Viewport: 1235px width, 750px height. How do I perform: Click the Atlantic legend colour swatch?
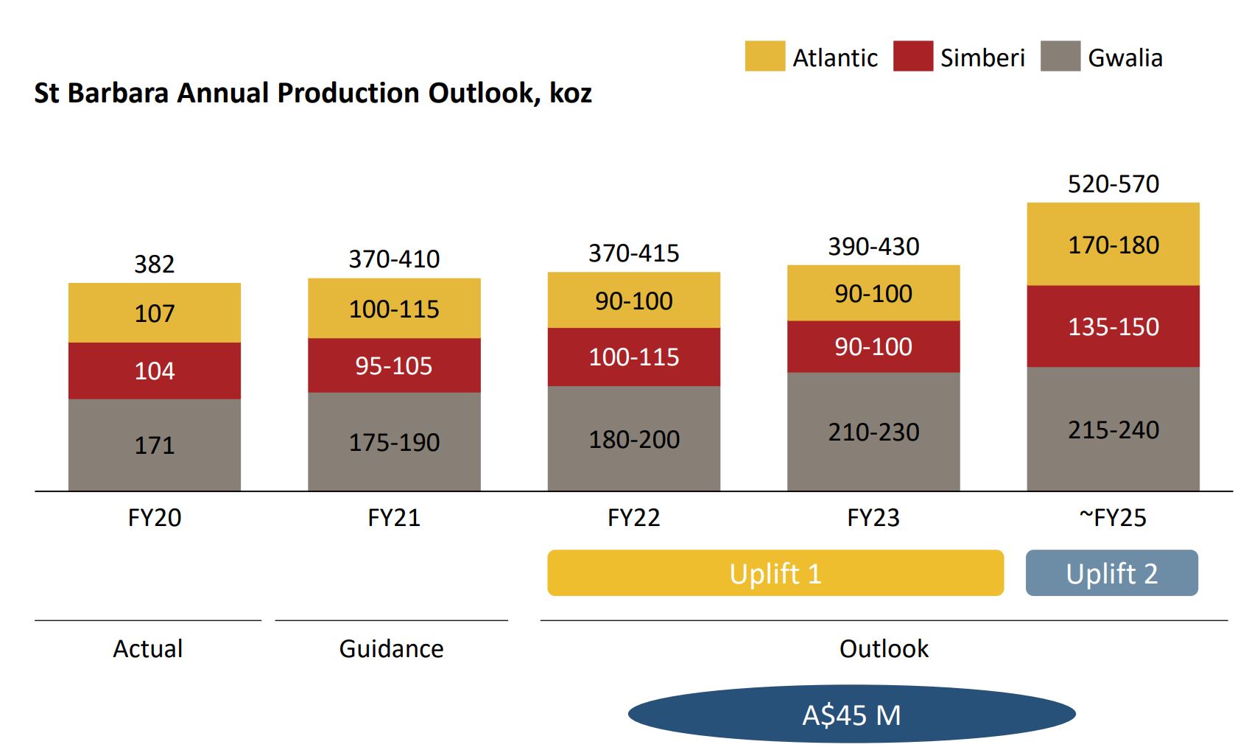[x=764, y=57]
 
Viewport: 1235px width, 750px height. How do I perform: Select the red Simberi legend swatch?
[x=912, y=57]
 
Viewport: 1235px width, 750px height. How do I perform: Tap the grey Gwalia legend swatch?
[x=1060, y=57]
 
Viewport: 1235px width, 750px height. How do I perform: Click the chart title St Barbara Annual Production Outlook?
[x=313, y=94]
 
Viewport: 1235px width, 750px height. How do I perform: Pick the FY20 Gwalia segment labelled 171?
[x=155, y=445]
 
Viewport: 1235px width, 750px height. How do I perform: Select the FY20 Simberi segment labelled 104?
[x=155, y=371]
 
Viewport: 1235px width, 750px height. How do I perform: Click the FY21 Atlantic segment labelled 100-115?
[x=394, y=309]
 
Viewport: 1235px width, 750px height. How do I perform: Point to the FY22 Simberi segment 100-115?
[x=633, y=357]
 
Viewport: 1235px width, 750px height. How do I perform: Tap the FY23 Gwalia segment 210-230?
[x=873, y=432]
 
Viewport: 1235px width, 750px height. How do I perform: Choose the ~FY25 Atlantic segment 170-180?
[x=1113, y=245]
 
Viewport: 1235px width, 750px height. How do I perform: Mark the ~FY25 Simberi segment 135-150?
[x=1113, y=326]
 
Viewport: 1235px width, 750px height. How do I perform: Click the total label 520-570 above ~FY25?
[x=1113, y=183]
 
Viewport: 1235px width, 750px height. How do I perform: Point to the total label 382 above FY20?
[x=155, y=264]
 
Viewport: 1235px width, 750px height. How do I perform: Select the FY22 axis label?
[x=633, y=518]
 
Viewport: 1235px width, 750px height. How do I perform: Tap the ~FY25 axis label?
[x=1113, y=518]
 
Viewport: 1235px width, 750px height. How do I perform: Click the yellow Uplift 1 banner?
[x=775, y=573]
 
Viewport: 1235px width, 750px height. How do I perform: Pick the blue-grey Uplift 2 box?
[x=1111, y=573]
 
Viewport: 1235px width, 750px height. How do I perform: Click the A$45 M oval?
[x=851, y=715]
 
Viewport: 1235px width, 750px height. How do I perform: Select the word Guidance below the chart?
[x=391, y=649]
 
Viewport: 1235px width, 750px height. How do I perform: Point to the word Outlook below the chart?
[x=884, y=649]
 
